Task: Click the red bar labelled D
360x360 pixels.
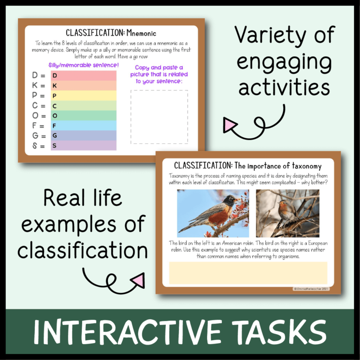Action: pyautogui.click(x=83, y=75)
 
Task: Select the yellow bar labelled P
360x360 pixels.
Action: pyautogui.click(x=83, y=96)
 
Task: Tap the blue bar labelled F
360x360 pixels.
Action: pyautogui.click(x=83, y=126)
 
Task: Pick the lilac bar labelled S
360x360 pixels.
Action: pyautogui.click(x=83, y=146)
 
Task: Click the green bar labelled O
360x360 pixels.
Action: pyautogui.click(x=83, y=116)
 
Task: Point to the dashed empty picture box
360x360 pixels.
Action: pyautogui.click(x=159, y=117)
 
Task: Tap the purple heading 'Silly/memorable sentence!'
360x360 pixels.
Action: pyautogui.click(x=83, y=65)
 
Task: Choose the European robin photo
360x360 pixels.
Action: pyautogui.click(x=287, y=213)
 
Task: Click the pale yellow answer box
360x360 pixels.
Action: pyautogui.click(x=248, y=273)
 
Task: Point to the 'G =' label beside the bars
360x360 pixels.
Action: pyautogui.click(x=39, y=136)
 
